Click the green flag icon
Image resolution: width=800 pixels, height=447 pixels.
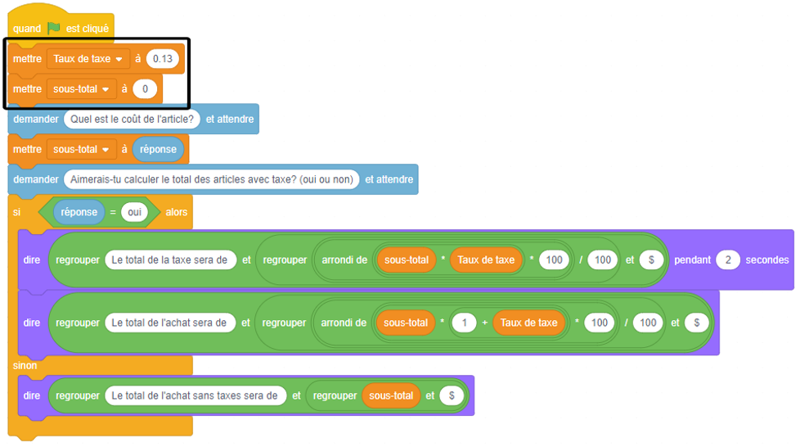pos(53,28)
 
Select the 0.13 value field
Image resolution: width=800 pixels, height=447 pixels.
pos(162,59)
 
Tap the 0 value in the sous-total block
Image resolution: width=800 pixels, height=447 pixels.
pos(144,88)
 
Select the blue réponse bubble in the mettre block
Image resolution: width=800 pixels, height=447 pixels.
pos(158,150)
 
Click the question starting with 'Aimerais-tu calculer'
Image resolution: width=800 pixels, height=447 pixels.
pos(211,179)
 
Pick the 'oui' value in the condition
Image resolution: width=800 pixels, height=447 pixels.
pos(133,212)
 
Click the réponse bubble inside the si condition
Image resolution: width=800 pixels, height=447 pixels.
pos(79,212)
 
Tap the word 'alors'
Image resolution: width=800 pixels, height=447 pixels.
pos(177,212)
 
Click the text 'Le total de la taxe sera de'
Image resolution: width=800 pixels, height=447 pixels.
pos(170,260)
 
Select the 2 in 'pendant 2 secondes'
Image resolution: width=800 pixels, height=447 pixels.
pos(727,260)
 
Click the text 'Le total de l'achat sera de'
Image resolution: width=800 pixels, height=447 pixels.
pos(170,323)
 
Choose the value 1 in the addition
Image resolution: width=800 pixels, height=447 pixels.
pos(464,323)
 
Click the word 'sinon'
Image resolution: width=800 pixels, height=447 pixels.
pos(25,365)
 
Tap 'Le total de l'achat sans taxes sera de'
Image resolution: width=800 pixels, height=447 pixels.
pos(195,395)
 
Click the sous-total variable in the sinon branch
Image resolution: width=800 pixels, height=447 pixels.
pos(391,395)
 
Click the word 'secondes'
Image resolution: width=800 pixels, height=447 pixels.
pos(766,260)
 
